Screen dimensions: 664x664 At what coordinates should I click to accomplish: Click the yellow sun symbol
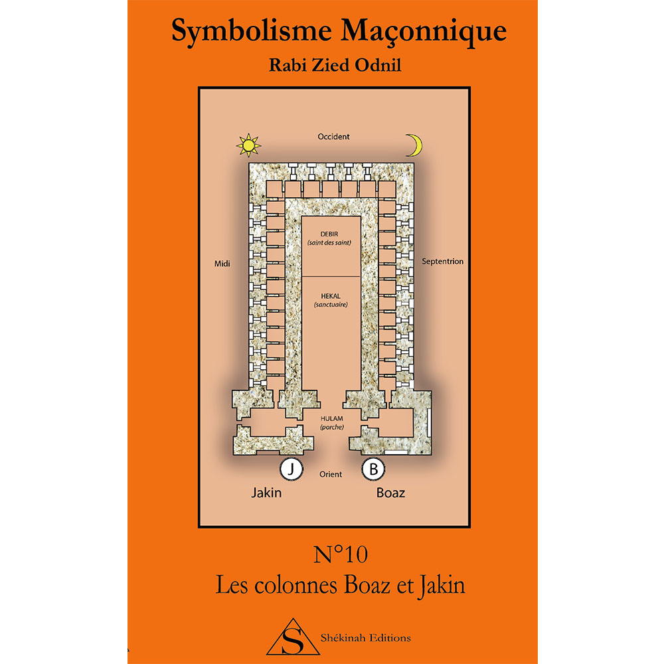tap(248, 145)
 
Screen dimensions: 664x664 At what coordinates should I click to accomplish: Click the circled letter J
tap(291, 469)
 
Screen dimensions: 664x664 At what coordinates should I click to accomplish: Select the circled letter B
tap(373, 469)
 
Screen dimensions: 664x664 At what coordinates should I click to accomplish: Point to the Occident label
tap(334, 137)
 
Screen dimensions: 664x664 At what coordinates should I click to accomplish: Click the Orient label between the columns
tap(331, 474)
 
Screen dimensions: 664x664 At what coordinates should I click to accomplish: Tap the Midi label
tap(222, 264)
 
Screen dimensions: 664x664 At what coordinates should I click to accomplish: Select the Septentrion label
tap(442, 261)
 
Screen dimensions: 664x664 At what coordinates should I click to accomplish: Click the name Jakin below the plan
tap(266, 493)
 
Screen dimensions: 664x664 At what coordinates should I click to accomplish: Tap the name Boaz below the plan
tap(391, 493)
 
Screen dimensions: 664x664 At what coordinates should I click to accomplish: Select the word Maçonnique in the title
tap(424, 32)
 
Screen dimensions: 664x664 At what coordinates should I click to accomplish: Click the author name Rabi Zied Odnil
tap(335, 65)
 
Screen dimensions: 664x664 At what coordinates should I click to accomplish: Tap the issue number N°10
tap(341, 554)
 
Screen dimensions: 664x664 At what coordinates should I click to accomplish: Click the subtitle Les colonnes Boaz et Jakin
tap(341, 586)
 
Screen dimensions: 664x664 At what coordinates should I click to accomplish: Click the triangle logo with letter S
tap(293, 637)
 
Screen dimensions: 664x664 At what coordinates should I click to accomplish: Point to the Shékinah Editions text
tap(366, 637)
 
